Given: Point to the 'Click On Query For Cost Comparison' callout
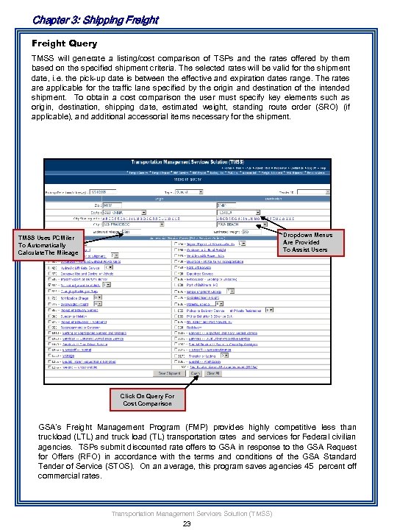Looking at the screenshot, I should [x=148, y=400].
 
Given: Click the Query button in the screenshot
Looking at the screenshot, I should [x=195, y=372].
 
